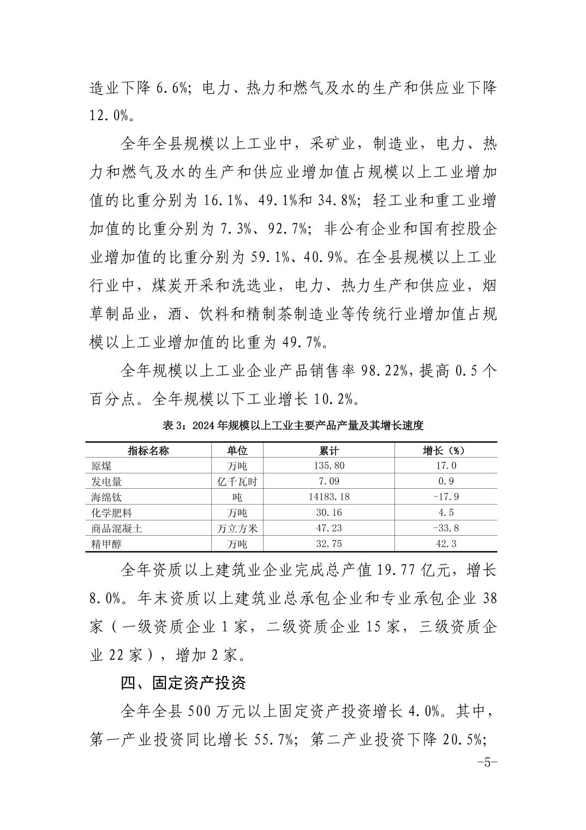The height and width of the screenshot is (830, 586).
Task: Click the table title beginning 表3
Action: [x=293, y=425]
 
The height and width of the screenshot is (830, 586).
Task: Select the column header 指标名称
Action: [x=148, y=450]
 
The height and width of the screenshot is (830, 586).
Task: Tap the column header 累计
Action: [x=329, y=450]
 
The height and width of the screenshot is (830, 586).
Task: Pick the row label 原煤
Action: [x=101, y=466]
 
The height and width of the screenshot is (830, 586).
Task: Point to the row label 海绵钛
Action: [x=106, y=497]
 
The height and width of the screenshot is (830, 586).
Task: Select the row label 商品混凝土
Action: [x=117, y=528]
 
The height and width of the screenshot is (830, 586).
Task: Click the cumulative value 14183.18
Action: [x=329, y=497]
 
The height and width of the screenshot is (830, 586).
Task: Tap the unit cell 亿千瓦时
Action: [x=237, y=482]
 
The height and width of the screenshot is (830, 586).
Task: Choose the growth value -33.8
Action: [x=445, y=528]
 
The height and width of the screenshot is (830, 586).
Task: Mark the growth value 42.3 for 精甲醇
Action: [x=445, y=544]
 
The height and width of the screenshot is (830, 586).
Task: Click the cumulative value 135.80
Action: [x=329, y=466]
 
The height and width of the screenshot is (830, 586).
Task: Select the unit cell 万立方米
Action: [x=237, y=528]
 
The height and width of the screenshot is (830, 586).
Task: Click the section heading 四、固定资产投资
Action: [x=184, y=683]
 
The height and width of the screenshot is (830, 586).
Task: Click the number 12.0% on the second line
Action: [x=109, y=115]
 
